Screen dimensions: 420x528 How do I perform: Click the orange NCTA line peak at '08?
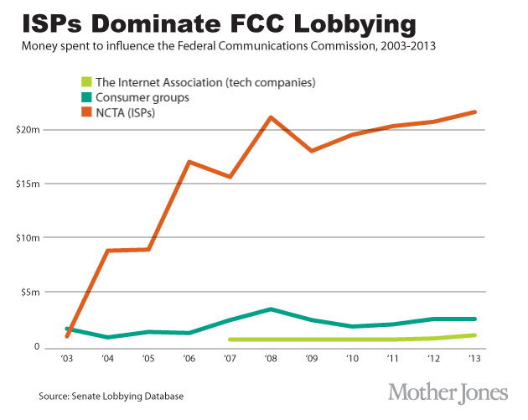(270, 117)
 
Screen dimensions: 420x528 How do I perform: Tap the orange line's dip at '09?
(311, 151)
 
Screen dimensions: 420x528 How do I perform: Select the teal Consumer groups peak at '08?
(270, 309)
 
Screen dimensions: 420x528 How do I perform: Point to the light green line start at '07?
(229, 340)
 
